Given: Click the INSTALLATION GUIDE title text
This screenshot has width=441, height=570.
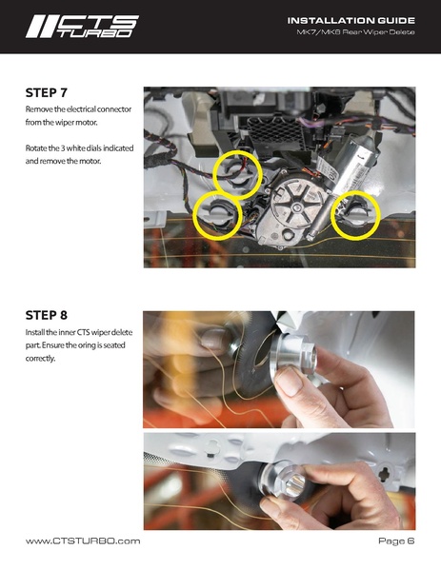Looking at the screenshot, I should pyautogui.click(x=351, y=20).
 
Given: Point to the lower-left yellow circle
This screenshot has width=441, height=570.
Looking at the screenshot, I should pyautogui.click(x=217, y=216).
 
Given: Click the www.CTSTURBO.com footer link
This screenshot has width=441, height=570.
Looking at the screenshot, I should pyautogui.click(x=83, y=541).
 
